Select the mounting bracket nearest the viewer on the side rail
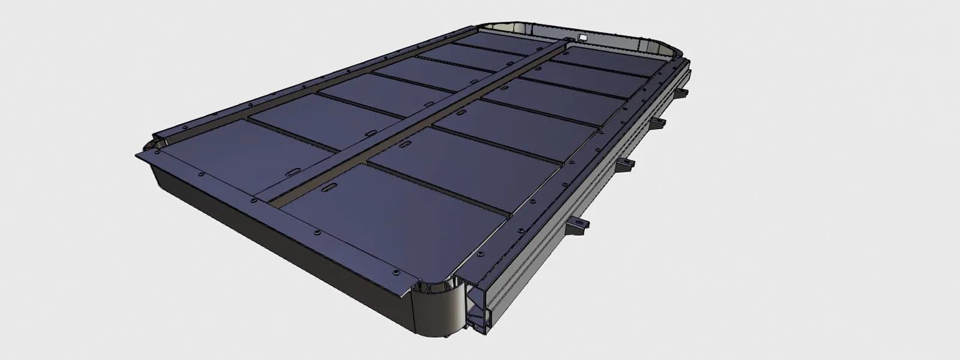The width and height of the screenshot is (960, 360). coord(580,225)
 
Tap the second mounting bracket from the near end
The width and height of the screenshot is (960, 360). coord(628,163)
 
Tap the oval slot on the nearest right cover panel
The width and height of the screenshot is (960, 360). coord(329,189)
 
